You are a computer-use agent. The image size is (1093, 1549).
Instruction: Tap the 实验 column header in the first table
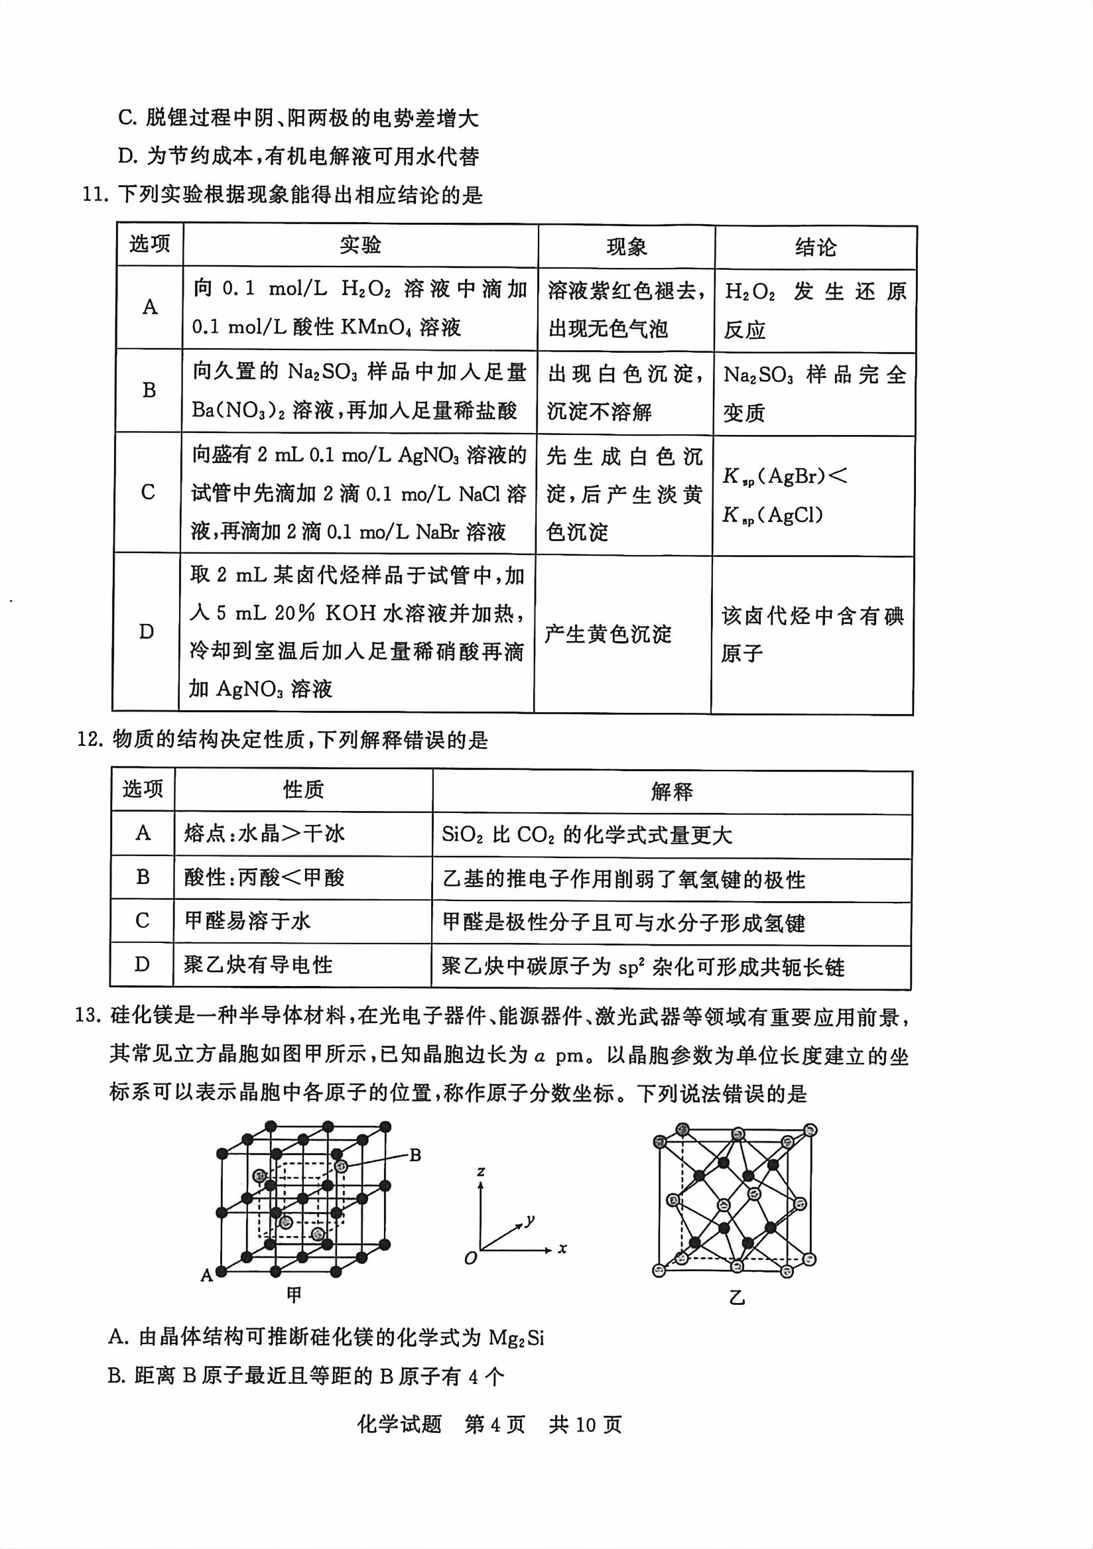pos(360,245)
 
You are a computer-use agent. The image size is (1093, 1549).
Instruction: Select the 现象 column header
pos(626,247)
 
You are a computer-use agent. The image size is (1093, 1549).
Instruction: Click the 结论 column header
pos(815,247)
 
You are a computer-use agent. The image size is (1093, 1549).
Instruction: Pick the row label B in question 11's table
pos(149,391)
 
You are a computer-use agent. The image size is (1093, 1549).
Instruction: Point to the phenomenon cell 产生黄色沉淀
pos(608,634)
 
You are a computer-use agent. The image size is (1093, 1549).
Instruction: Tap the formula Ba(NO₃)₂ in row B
pos(237,410)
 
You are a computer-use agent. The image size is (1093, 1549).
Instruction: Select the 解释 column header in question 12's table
pos(671,791)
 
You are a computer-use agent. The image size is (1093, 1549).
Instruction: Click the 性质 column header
pos(303,790)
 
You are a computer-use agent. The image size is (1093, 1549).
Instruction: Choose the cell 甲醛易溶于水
pos(247,921)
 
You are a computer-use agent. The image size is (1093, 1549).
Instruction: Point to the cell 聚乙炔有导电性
pos(259,965)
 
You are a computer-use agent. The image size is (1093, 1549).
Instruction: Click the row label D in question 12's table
pos(142,965)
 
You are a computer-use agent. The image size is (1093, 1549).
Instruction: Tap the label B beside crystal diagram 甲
pos(416,1155)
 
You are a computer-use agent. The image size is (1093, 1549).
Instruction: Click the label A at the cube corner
pos(206,1275)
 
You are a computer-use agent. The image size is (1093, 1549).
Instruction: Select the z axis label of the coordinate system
pos(481,1171)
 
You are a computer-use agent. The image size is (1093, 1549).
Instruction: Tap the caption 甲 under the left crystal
pos(294,1294)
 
